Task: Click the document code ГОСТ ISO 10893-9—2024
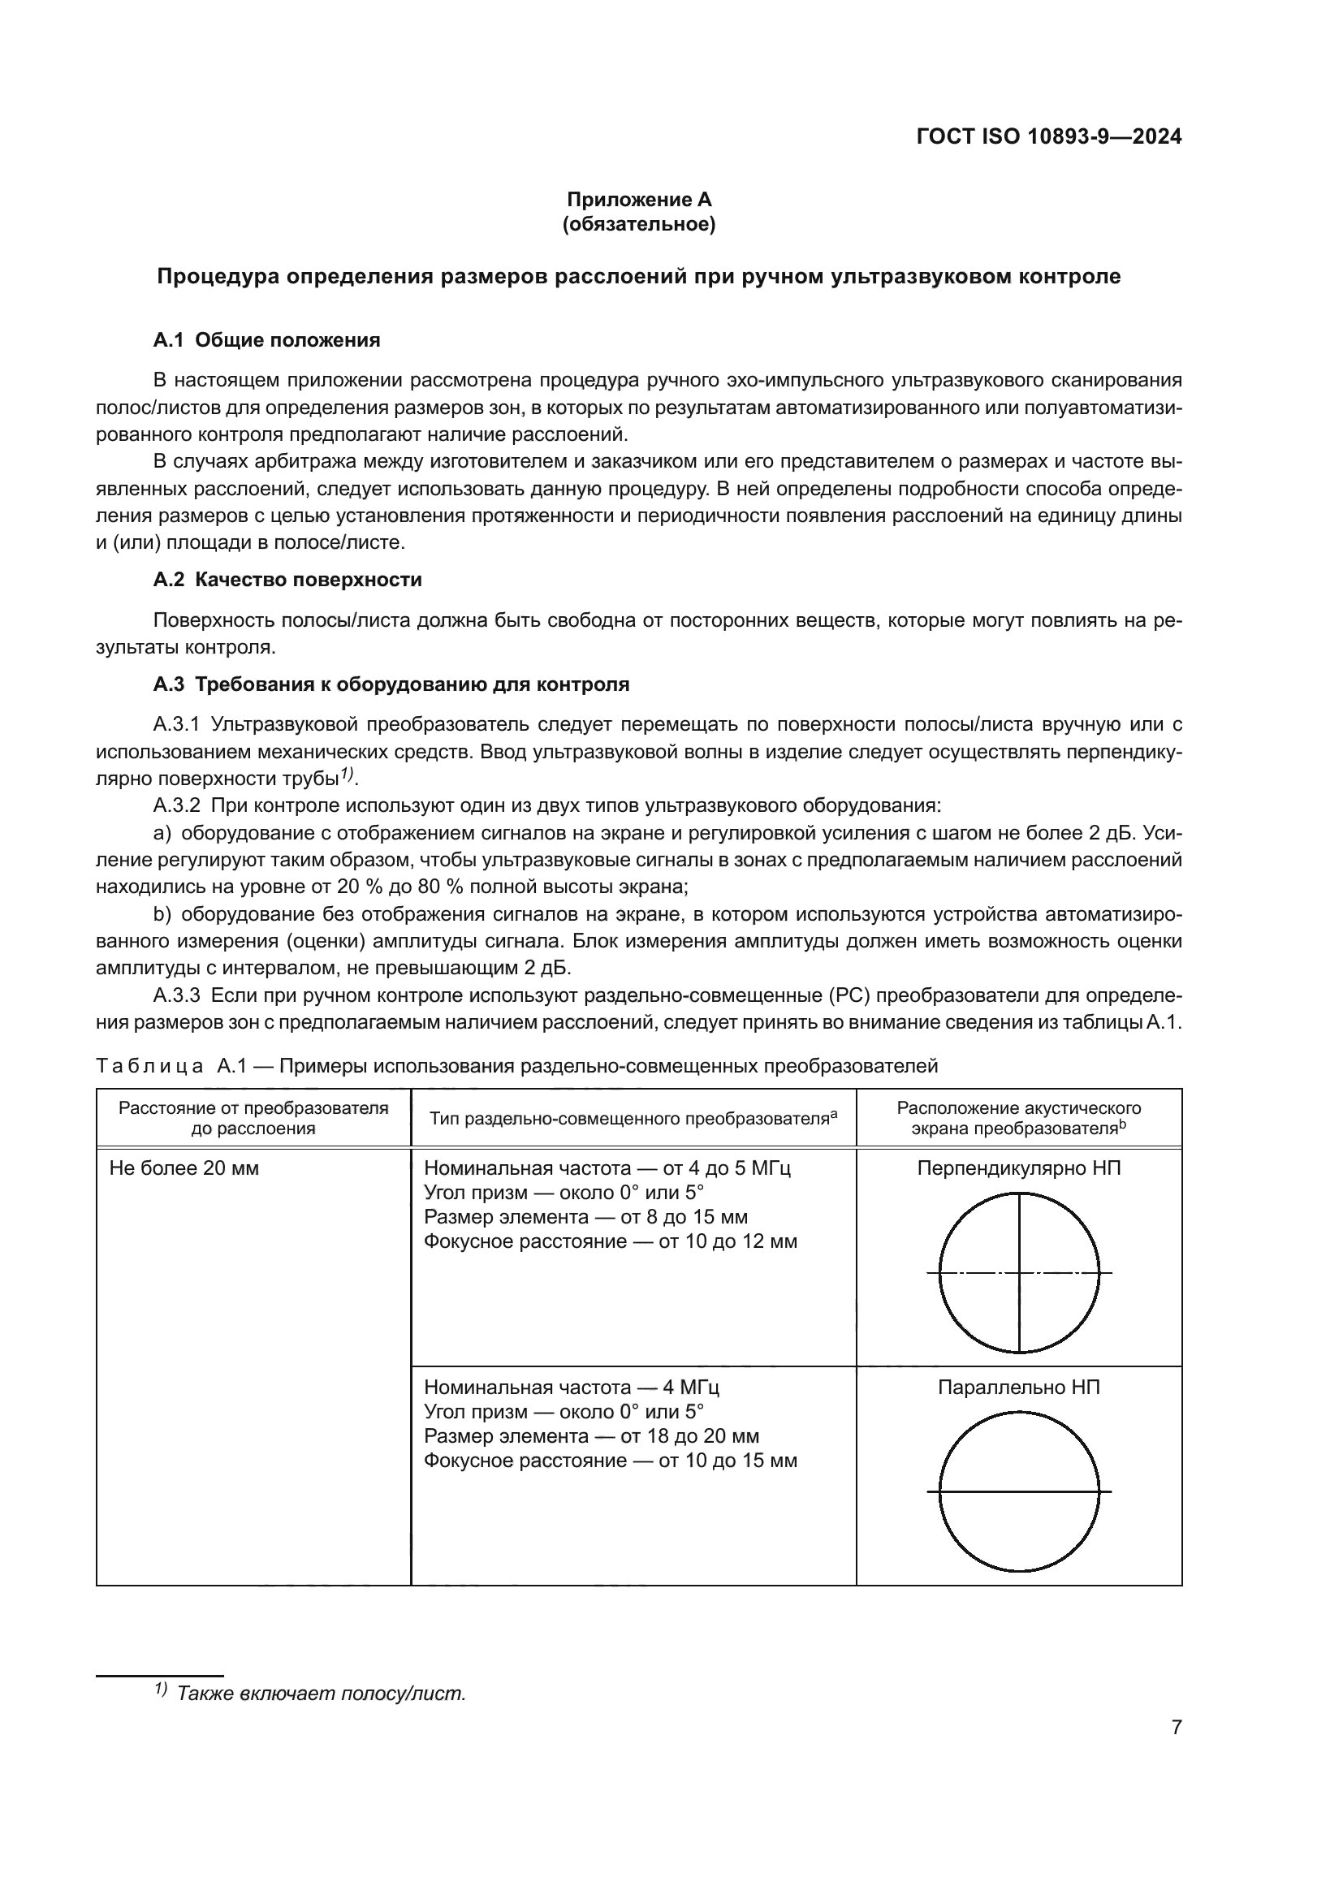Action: point(1048,136)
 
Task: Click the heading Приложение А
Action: point(638,200)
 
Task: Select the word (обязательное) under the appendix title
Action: point(638,224)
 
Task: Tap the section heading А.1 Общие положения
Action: point(266,340)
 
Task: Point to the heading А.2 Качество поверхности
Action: point(287,580)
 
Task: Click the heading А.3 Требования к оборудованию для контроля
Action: point(391,684)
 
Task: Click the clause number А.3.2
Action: point(176,805)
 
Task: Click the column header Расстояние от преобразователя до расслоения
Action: point(253,1117)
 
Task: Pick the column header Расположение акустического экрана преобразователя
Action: point(1019,1117)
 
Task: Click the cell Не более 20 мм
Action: point(184,1168)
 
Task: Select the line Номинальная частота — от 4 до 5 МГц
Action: point(607,1168)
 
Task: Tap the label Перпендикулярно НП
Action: point(1019,1168)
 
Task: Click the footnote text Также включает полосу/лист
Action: point(321,1693)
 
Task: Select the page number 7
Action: point(1176,1750)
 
